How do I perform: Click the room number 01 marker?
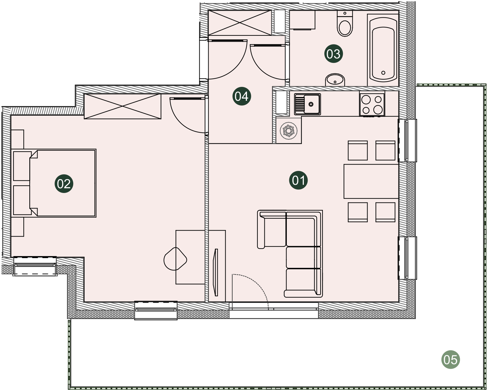click(x=298, y=180)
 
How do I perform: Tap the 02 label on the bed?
click(x=64, y=184)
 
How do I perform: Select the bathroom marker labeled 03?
click(x=334, y=54)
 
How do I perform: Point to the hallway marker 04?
click(x=242, y=96)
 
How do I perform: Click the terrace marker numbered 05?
click(x=451, y=359)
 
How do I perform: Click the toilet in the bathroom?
click(x=345, y=23)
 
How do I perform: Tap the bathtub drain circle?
click(x=383, y=73)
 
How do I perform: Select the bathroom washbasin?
click(x=335, y=80)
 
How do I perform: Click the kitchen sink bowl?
click(x=311, y=104)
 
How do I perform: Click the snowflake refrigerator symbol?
click(x=288, y=131)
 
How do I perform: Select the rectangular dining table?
click(x=371, y=181)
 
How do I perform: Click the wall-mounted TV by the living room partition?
click(x=215, y=273)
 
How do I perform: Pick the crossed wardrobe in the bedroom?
click(x=122, y=106)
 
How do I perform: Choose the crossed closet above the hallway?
click(x=240, y=23)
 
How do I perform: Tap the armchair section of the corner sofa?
click(x=272, y=229)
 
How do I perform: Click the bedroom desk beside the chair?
click(x=190, y=257)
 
